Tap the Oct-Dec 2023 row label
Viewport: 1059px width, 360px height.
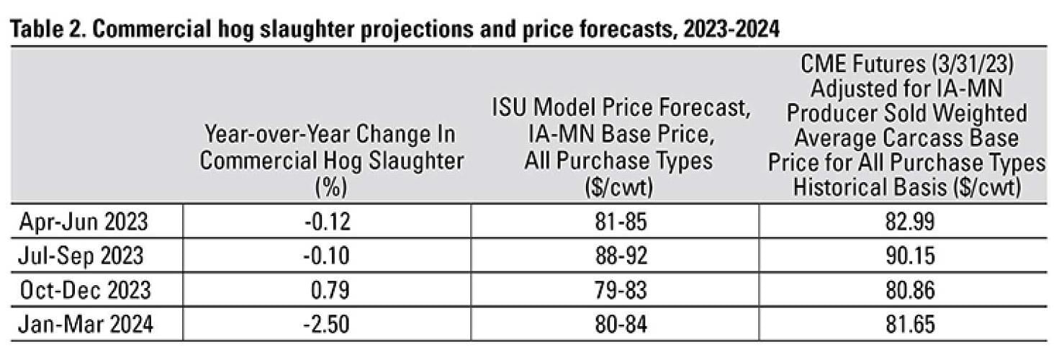pyautogui.click(x=84, y=290)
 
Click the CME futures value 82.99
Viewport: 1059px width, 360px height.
pyautogui.click(x=906, y=221)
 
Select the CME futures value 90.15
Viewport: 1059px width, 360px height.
pyautogui.click(x=906, y=256)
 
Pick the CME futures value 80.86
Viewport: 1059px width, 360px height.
pyautogui.click(x=906, y=290)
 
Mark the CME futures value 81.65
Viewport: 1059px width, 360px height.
pyautogui.click(x=906, y=325)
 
